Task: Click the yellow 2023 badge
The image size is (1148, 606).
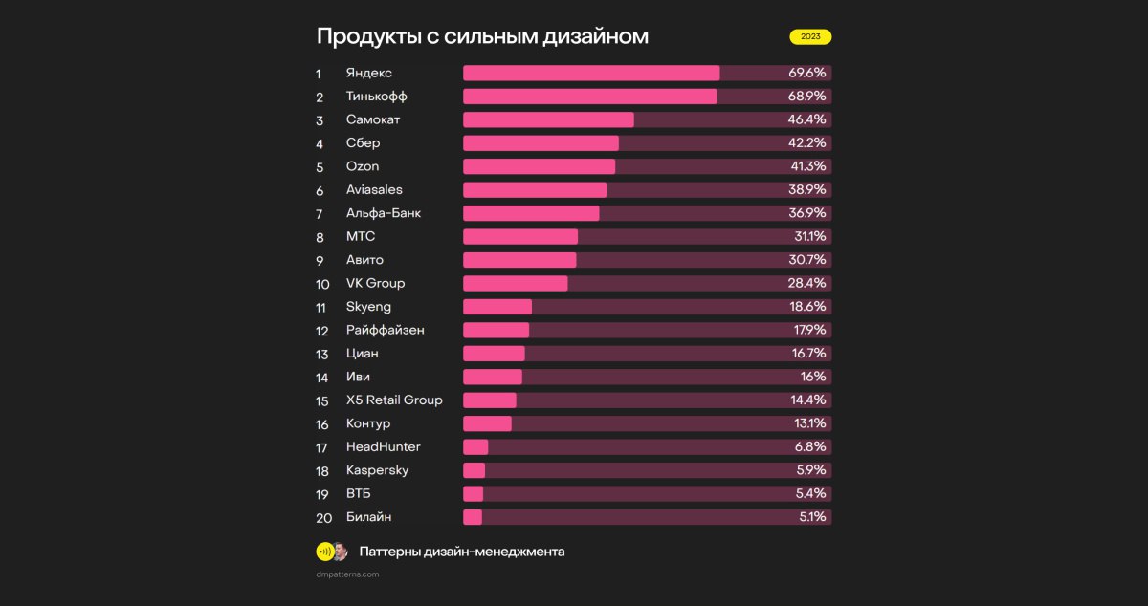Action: pyautogui.click(x=810, y=37)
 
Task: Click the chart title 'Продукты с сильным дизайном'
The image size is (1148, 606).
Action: pyautogui.click(x=482, y=36)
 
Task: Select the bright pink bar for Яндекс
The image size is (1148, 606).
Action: pyautogui.click(x=590, y=73)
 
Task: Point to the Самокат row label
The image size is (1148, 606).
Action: pyautogui.click(x=373, y=119)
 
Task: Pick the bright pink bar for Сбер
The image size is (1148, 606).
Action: pyautogui.click(x=541, y=143)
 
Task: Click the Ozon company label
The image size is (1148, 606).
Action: pyautogui.click(x=363, y=166)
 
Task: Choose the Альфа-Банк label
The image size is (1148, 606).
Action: pyautogui.click(x=384, y=213)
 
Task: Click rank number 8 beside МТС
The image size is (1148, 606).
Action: pyautogui.click(x=320, y=237)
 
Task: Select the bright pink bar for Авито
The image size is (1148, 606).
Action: pyautogui.click(x=519, y=260)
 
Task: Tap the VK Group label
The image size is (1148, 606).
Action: pyautogui.click(x=375, y=283)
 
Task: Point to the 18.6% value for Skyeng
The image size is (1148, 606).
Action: pyautogui.click(x=807, y=307)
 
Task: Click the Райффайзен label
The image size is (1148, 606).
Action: pyautogui.click(x=386, y=330)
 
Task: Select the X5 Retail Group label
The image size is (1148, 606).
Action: pyautogui.click(x=394, y=400)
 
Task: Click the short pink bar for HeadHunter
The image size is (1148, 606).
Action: pyautogui.click(x=475, y=446)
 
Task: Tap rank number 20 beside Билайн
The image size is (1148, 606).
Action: pyautogui.click(x=323, y=518)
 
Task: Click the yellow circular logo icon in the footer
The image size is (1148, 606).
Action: pyautogui.click(x=324, y=552)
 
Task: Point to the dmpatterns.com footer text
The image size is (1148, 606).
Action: pyautogui.click(x=347, y=574)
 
